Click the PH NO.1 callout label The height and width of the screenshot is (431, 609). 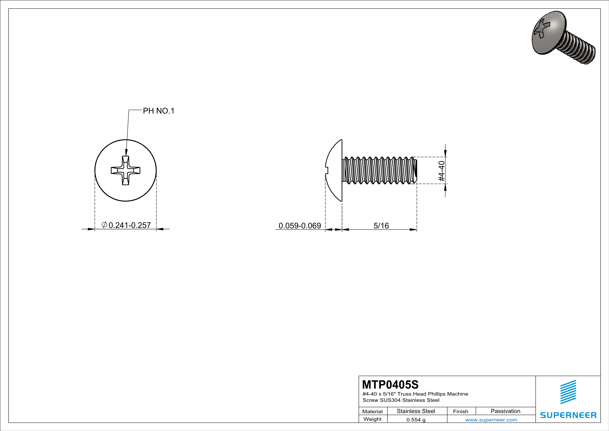[159, 111]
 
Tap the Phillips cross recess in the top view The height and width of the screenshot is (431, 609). [125, 170]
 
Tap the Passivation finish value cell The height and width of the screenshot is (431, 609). [505, 411]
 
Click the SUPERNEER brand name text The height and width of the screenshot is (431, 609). [568, 415]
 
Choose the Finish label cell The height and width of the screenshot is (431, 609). [461, 411]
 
